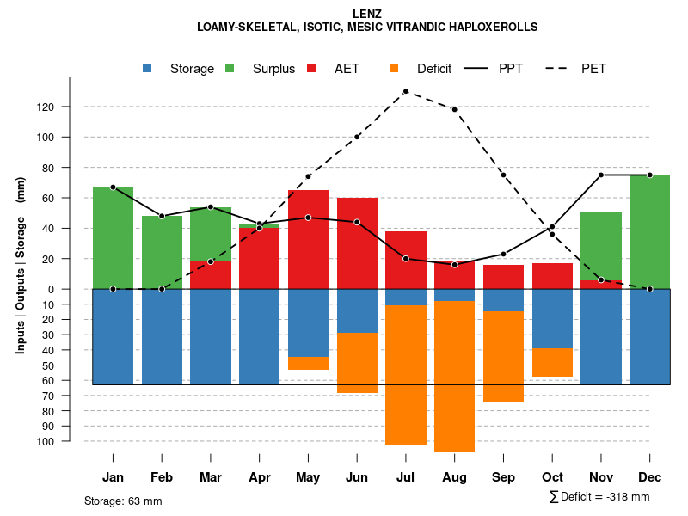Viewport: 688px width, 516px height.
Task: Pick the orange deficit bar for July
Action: (406, 375)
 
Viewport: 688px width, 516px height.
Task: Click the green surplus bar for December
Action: (649, 232)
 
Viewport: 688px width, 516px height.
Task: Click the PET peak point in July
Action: (405, 91)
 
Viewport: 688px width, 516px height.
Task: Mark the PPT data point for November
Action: (601, 175)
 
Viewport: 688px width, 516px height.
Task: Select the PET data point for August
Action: (454, 109)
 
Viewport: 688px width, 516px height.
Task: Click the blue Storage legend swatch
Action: (148, 69)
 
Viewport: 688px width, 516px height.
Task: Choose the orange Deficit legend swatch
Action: (395, 69)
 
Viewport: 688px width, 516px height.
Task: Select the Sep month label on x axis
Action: (503, 477)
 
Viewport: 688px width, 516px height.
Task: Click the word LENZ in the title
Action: (367, 13)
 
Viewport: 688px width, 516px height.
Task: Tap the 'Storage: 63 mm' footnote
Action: (123, 501)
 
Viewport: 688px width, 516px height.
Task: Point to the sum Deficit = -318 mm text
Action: (599, 497)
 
